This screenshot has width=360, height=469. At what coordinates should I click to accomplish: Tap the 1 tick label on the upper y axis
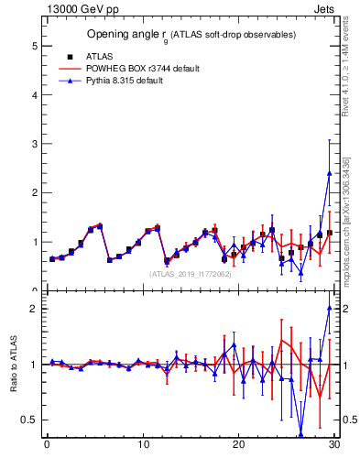[x=34, y=242]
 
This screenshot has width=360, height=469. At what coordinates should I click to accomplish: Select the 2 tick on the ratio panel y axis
[x=34, y=309]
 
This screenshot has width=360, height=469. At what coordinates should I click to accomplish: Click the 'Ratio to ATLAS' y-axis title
[x=13, y=365]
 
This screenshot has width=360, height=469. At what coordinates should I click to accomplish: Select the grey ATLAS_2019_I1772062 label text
[x=191, y=273]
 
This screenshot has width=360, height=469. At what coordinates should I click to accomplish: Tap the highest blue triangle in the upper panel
[x=329, y=173]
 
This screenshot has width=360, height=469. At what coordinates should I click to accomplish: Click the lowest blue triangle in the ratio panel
[x=300, y=435]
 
